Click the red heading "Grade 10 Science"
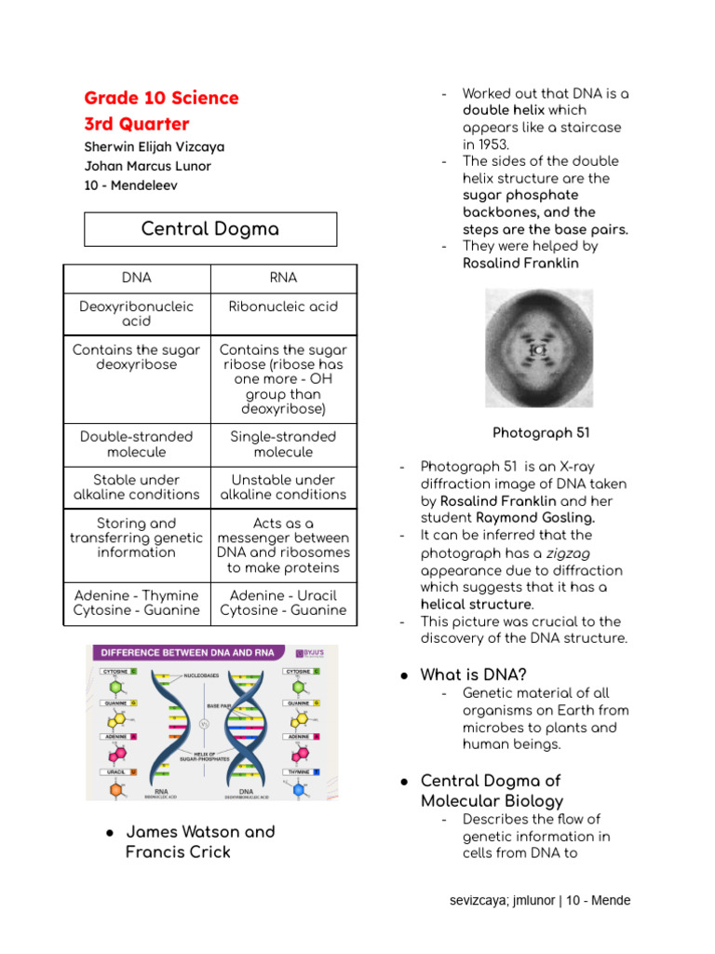pyautogui.click(x=161, y=98)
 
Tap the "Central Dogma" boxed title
pyautogui.click(x=209, y=229)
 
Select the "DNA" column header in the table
pyautogui.click(x=136, y=278)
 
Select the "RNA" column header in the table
pyautogui.click(x=283, y=278)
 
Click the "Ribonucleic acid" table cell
pyautogui.click(x=283, y=307)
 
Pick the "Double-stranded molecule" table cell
pyautogui.click(x=136, y=444)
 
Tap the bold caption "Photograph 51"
pyautogui.click(x=540, y=433)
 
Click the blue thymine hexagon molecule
pyautogui.click(x=299, y=789)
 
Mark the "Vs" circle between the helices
pyautogui.click(x=205, y=722)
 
